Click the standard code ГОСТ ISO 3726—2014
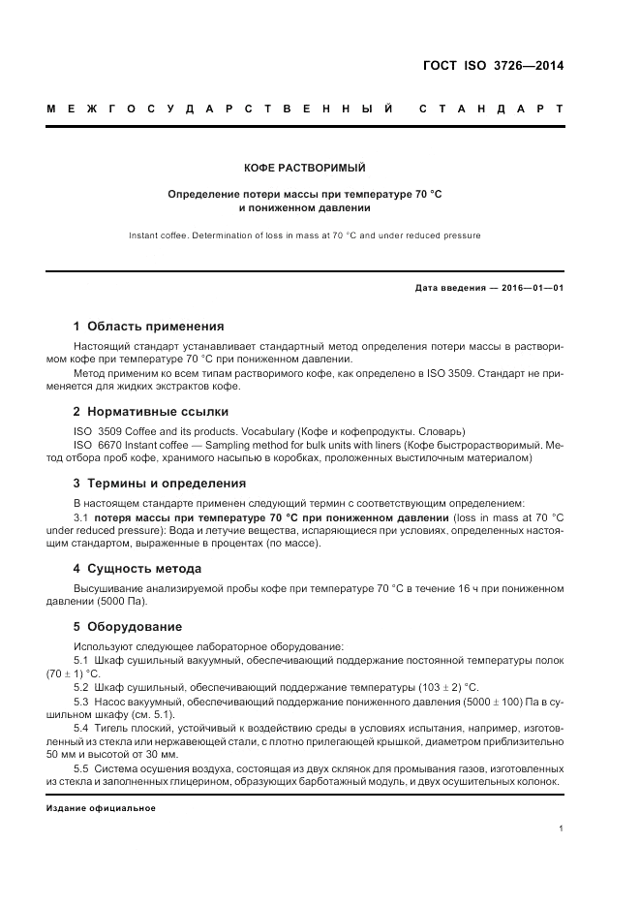point(493,67)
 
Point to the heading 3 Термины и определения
point(160,483)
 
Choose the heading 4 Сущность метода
point(137,568)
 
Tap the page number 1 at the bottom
point(562,828)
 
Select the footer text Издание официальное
point(101,807)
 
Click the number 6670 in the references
point(109,444)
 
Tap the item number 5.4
point(81,728)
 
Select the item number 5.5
point(81,768)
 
